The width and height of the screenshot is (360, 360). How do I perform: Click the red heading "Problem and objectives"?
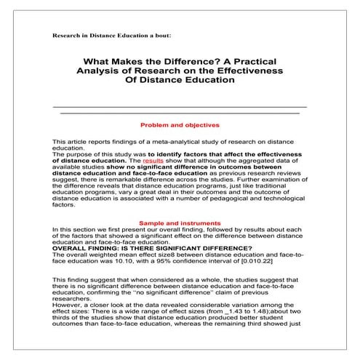tap(180, 124)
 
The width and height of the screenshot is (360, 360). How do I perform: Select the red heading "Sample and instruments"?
tap(180, 222)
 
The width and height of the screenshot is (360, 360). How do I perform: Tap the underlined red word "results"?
tap(153, 161)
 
